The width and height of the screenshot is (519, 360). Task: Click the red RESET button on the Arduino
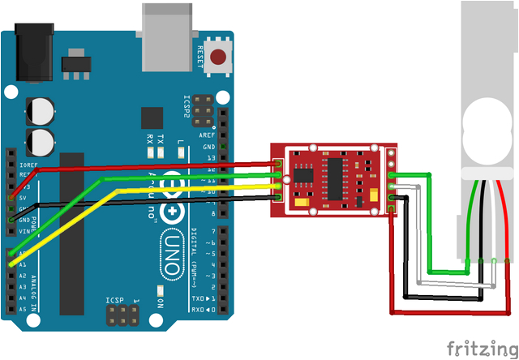(x=217, y=57)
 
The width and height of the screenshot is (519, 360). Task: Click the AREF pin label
(x=207, y=135)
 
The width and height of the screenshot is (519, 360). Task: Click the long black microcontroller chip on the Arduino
(x=71, y=235)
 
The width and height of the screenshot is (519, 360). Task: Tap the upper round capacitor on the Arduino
(x=40, y=111)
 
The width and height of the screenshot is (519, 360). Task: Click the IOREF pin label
(x=26, y=163)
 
